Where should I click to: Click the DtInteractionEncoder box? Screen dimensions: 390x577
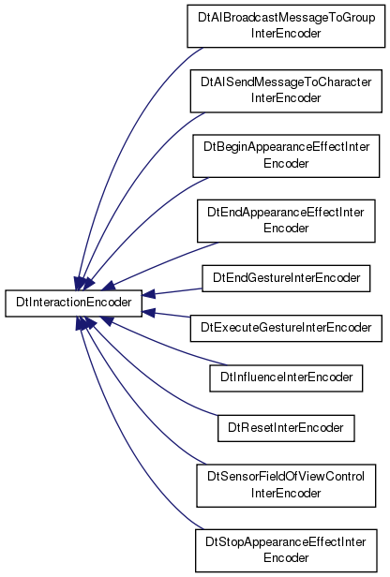[73, 303]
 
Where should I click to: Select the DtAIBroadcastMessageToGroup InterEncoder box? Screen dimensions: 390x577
[286, 26]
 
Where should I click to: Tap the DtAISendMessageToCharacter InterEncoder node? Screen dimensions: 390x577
[286, 91]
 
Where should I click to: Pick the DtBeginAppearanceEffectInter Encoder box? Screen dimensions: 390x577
[286, 156]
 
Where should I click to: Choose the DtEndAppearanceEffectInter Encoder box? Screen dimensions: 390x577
[286, 221]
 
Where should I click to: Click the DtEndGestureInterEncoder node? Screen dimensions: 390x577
[286, 278]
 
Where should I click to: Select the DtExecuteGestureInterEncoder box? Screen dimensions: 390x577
[286, 328]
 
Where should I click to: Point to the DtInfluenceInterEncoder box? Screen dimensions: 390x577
[286, 377]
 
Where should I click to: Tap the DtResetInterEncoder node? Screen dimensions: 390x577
[286, 428]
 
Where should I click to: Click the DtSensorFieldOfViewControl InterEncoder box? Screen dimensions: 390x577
[286, 485]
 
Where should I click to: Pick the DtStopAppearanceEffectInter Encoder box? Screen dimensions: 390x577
[286, 551]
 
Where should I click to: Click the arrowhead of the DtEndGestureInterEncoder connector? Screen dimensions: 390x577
[148, 294]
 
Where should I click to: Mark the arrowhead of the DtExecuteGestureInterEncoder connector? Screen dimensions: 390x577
[148, 312]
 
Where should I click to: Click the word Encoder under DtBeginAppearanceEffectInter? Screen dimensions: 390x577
[286, 163]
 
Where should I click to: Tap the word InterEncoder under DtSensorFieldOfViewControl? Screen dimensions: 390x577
[286, 493]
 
